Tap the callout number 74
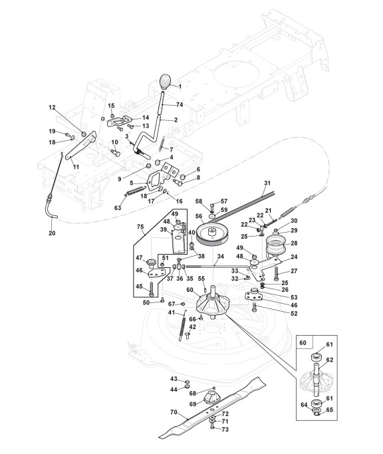180,104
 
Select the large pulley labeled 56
212,234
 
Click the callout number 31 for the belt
267,183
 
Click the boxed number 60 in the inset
303,342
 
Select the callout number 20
52,233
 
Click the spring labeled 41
183,325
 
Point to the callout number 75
140,227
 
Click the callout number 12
52,108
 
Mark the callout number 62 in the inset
330,360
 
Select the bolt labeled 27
276,273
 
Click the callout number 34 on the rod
221,257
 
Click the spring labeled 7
162,144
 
